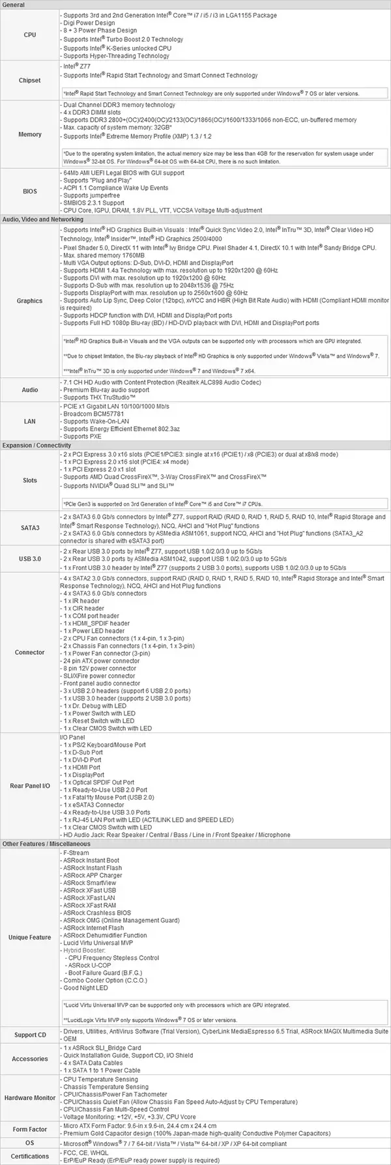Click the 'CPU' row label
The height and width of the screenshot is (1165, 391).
click(30, 35)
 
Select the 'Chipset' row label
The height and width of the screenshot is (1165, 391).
click(30, 81)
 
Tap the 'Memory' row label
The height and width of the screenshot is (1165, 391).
click(30, 134)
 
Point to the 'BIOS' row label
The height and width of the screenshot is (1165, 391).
click(30, 192)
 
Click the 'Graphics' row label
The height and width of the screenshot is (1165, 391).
click(30, 301)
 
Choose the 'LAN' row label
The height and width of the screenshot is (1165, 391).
click(30, 422)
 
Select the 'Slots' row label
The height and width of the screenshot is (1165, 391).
click(30, 480)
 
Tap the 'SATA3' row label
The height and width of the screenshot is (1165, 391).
click(30, 528)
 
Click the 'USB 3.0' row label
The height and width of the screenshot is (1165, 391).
click(30, 559)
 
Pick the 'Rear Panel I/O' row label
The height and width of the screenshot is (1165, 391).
click(30, 786)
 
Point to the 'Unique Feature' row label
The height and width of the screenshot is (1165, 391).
click(30, 938)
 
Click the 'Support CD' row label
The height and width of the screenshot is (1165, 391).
click(30, 1035)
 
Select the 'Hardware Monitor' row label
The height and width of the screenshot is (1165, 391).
click(30, 1098)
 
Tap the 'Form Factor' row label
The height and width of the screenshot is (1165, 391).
click(30, 1129)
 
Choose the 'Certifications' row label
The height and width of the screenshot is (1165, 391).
click(30, 1156)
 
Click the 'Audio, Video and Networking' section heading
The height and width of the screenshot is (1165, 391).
click(43, 220)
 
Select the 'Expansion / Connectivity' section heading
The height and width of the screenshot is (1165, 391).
click(36, 446)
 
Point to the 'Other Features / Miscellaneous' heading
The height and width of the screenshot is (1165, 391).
click(46, 844)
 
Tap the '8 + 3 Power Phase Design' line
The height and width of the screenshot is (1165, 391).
click(100, 30)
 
